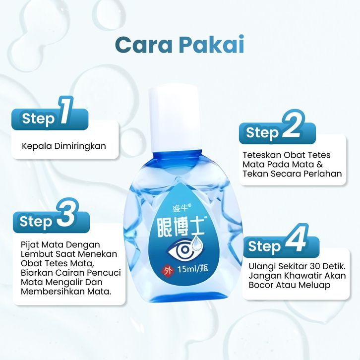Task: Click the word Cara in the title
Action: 144,45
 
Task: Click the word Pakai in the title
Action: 211,44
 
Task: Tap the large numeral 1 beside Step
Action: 66,111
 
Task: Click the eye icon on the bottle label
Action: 180,250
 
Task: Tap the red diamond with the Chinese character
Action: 167,271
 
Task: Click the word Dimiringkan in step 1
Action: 80,146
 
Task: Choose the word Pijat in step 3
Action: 30,245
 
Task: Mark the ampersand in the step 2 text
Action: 320,165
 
